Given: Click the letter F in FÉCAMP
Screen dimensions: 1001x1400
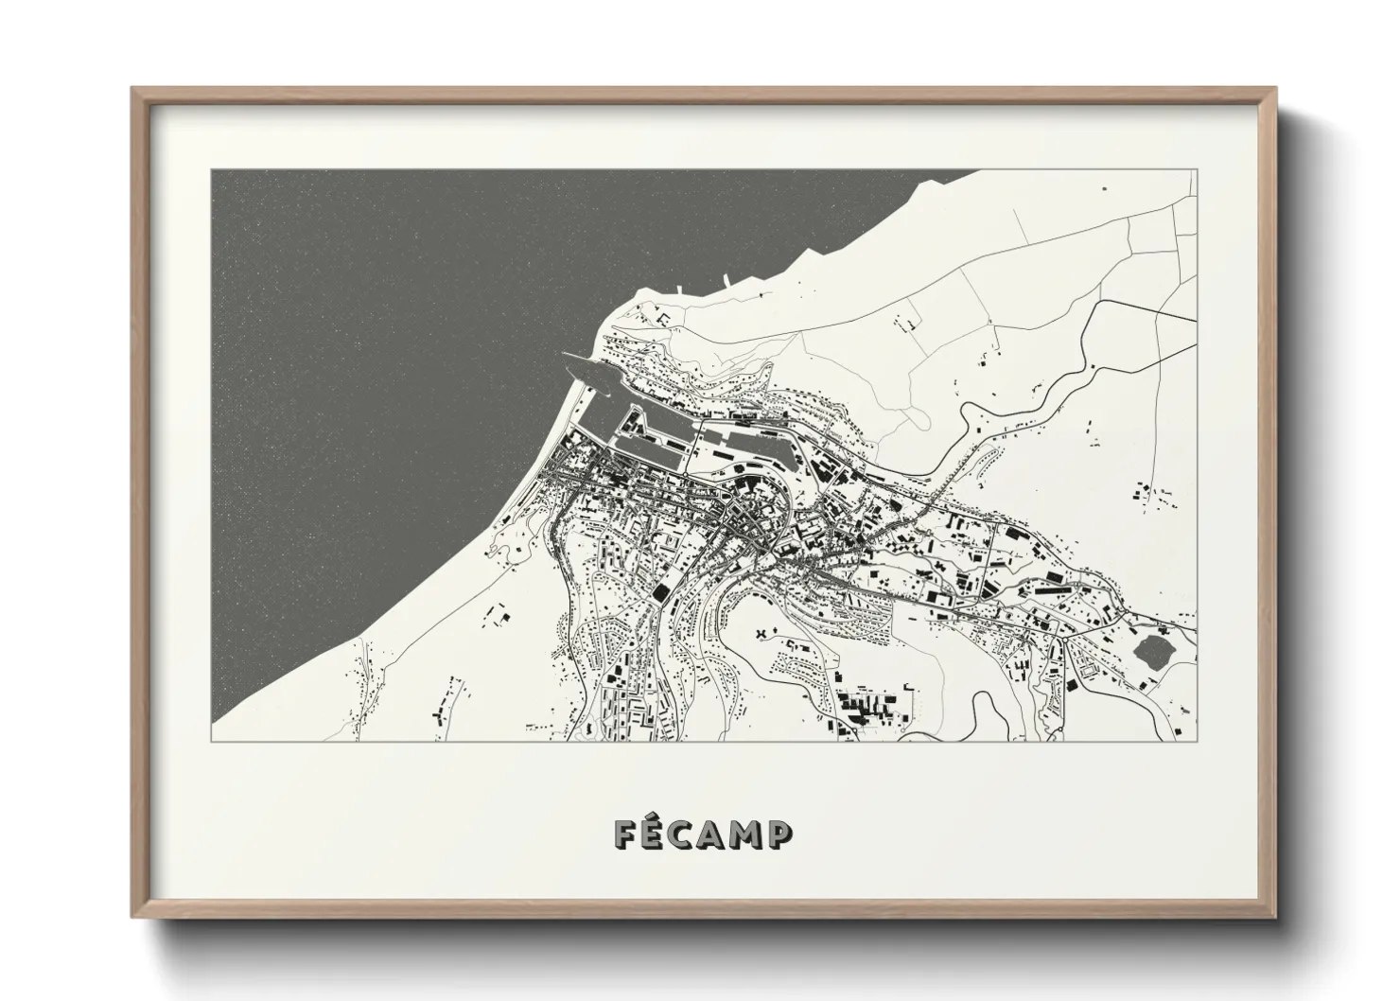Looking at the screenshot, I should (626, 834).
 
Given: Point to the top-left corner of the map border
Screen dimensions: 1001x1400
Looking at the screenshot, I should (212, 170).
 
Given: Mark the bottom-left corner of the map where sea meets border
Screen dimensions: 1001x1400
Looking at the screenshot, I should (212, 741).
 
